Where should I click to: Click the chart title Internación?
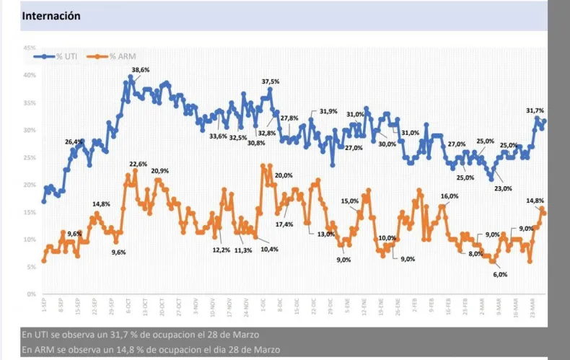pos(51,15)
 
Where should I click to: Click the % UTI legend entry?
pos(70,56)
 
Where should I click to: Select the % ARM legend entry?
pos(123,56)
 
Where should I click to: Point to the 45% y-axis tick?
pos(30,48)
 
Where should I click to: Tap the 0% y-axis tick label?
pos(32,294)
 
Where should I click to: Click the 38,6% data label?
pos(140,69)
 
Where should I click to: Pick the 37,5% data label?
pos(271,82)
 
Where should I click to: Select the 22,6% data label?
pos(138,164)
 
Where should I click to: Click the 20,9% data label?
pos(160,171)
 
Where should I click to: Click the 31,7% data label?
pos(535,110)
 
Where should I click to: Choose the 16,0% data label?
pos(450,196)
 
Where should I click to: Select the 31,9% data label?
pos(328,111)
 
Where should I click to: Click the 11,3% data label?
pos(243,250)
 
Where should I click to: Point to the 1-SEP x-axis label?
pos(44,307)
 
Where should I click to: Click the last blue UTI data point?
pos(544,121)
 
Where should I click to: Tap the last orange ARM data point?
pos(544,213)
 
